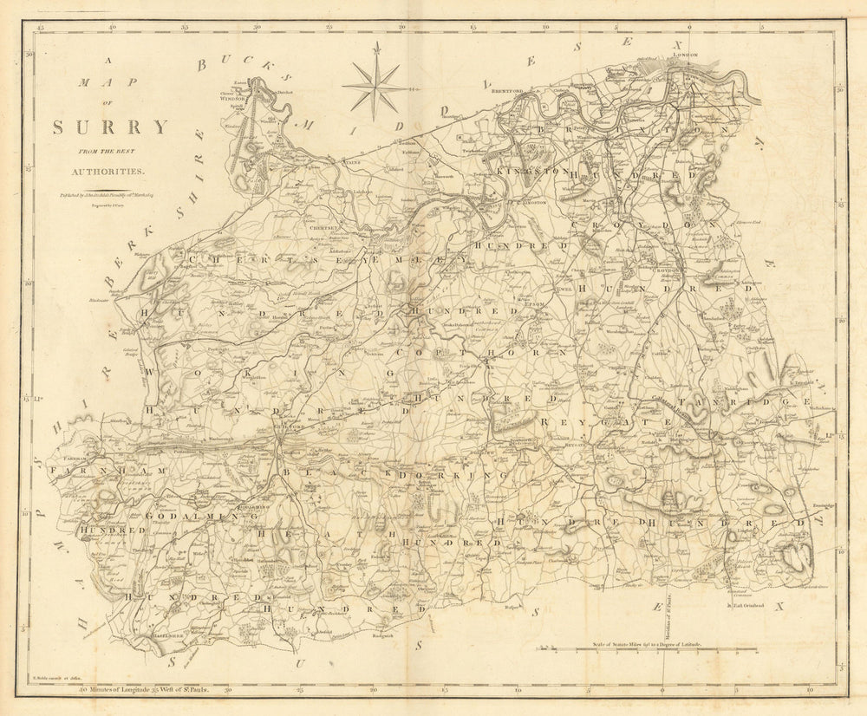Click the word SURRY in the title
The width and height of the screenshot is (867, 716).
(x=110, y=127)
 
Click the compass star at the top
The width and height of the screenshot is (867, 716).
(x=375, y=87)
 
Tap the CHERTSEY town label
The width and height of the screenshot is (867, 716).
(x=314, y=229)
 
